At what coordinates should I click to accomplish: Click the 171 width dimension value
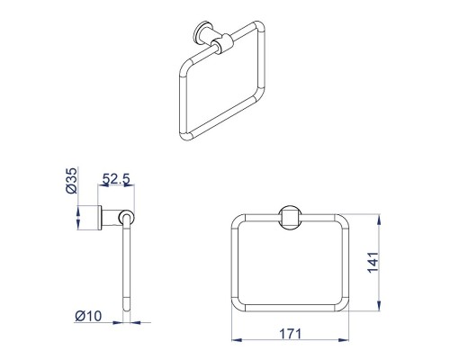coord(290,334)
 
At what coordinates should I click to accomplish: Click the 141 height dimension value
coord(373,263)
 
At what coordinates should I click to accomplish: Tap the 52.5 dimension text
coord(116,179)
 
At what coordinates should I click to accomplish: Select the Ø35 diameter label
coord(71,181)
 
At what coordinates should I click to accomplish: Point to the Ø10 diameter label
coord(88,316)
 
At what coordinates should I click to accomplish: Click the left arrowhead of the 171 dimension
coord(237,340)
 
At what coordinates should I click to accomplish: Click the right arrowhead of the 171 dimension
coord(344,340)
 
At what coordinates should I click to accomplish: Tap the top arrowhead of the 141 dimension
coord(380,220)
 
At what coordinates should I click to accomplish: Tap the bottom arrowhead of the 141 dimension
coord(380,306)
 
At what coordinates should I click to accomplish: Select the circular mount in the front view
coord(290,218)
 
